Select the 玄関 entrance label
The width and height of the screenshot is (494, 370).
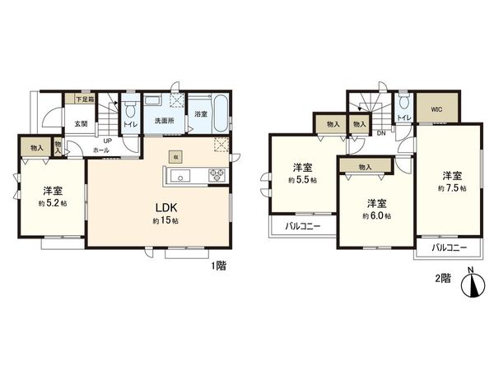pos(82,124)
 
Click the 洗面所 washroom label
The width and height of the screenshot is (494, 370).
pos(165,122)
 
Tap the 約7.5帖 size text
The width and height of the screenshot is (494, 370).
pos(452,188)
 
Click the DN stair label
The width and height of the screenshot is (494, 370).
pos(380,133)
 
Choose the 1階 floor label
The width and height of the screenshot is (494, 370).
pos(217,266)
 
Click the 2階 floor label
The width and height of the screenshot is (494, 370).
pos(442,278)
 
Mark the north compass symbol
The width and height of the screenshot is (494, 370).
pos(471,284)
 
